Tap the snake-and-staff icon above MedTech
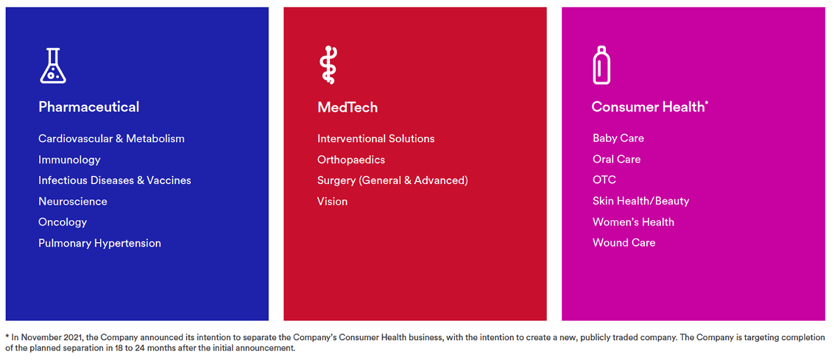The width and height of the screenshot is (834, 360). (329, 65)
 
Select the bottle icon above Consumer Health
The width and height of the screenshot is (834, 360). (601, 65)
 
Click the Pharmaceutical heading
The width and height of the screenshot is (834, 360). (88, 107)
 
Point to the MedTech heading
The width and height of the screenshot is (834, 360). (347, 107)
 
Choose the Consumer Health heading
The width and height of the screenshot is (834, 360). (648, 107)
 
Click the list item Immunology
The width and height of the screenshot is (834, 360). (69, 160)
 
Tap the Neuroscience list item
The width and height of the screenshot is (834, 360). (72, 201)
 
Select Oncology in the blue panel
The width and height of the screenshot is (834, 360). (62, 223)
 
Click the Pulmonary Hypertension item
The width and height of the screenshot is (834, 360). (99, 243)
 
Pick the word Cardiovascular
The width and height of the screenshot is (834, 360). (75, 139)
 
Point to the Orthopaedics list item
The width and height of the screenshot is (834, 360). (351, 160)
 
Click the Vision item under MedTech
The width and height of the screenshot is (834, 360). (332, 201)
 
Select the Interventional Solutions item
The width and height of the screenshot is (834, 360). (375, 139)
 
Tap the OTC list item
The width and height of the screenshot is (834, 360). (604, 180)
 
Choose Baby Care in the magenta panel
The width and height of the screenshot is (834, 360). (618, 138)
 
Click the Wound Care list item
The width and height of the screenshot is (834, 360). (623, 243)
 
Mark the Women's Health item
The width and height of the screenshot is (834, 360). (633, 222)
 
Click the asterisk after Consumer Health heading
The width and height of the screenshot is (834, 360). (707, 103)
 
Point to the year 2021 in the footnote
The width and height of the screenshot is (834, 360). (72, 337)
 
